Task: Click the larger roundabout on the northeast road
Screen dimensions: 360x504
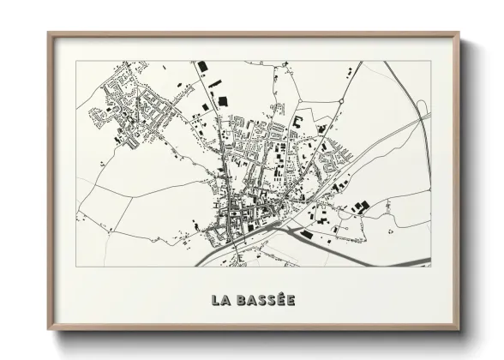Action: click(341, 101)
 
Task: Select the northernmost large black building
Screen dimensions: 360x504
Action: click(203, 66)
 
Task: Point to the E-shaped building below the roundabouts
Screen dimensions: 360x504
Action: click(299, 121)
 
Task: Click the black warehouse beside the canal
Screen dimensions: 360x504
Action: click(306, 234)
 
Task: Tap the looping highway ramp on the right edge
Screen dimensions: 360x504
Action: click(422, 109)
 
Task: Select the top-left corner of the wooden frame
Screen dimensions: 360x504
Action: click(50, 33)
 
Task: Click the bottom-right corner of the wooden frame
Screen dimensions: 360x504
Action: click(459, 331)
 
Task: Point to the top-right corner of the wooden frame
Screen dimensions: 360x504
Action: click(459, 33)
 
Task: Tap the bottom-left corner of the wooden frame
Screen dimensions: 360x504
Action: click(50, 331)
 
